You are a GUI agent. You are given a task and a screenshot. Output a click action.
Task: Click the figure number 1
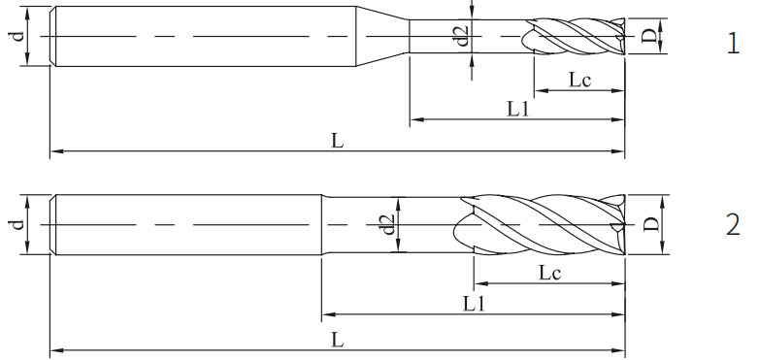pyautogui.click(x=734, y=44)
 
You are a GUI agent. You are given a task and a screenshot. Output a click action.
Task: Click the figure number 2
pyautogui.click(x=734, y=225)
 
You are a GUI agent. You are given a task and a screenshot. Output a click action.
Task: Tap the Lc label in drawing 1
pyautogui.click(x=579, y=80)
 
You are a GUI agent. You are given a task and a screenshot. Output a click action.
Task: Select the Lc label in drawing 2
pyautogui.click(x=550, y=273)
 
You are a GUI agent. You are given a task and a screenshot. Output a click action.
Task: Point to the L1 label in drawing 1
pyautogui.click(x=517, y=110)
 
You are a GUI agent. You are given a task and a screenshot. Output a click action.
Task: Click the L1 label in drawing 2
pyautogui.click(x=474, y=304)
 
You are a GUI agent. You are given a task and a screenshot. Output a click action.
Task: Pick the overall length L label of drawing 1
pyautogui.click(x=337, y=142)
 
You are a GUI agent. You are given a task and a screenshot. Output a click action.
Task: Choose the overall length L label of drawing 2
pyautogui.click(x=337, y=341)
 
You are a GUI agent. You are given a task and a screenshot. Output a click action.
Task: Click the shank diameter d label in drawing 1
pyautogui.click(x=17, y=36)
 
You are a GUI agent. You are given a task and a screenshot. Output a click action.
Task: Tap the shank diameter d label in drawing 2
pyautogui.click(x=17, y=224)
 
